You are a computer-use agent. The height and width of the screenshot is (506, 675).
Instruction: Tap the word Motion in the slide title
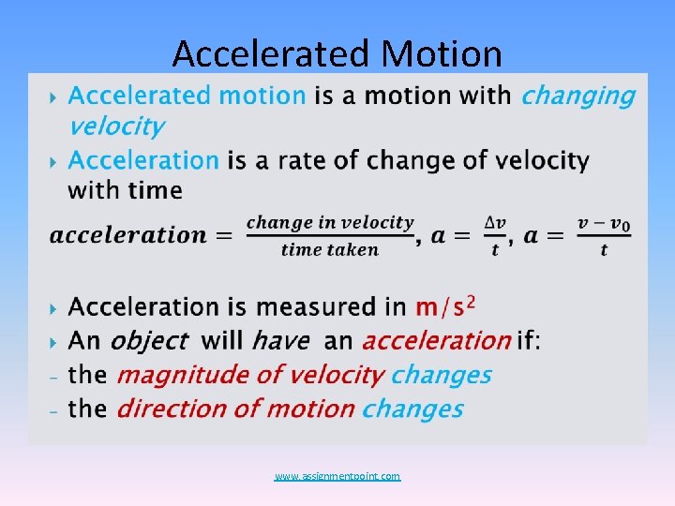pyautogui.click(x=440, y=54)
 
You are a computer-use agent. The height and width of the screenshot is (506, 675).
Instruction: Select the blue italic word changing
pyautogui.click(x=577, y=96)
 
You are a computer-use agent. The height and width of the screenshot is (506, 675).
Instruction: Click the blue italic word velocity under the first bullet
pyautogui.click(x=115, y=126)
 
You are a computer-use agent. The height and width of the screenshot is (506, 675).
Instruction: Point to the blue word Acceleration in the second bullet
pyautogui.click(x=143, y=160)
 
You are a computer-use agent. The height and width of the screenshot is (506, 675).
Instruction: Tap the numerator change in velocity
pyautogui.click(x=329, y=222)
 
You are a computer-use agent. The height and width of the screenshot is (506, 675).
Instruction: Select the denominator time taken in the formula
pyautogui.click(x=329, y=249)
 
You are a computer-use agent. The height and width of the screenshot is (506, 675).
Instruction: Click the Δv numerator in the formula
pyautogui.click(x=495, y=222)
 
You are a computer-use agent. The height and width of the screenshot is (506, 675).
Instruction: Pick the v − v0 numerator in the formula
pyautogui.click(x=604, y=222)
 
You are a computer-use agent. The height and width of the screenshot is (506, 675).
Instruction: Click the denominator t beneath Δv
pyautogui.click(x=495, y=249)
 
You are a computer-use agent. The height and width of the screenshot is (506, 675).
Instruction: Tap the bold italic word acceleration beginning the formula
pyautogui.click(x=127, y=235)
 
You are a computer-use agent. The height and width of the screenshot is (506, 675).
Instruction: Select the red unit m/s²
pyautogui.click(x=446, y=305)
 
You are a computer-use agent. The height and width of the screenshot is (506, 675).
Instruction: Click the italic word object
pyautogui.click(x=149, y=340)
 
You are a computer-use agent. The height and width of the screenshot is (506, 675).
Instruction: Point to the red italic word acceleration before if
pyautogui.click(x=436, y=340)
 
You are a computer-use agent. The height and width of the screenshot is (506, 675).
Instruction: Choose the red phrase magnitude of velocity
pyautogui.click(x=248, y=375)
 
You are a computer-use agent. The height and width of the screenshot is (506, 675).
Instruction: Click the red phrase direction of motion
pyautogui.click(x=235, y=409)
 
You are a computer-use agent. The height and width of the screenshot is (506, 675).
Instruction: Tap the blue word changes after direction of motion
pyautogui.click(x=412, y=409)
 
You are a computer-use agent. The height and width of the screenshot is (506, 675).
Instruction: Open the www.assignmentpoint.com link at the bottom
pyautogui.click(x=337, y=477)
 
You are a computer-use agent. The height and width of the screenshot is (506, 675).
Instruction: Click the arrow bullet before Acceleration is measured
pyautogui.click(x=52, y=307)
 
